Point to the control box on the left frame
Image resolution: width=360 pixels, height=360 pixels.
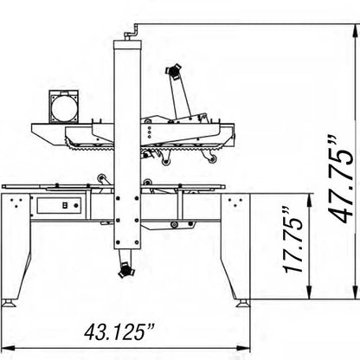pos(56,206)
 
